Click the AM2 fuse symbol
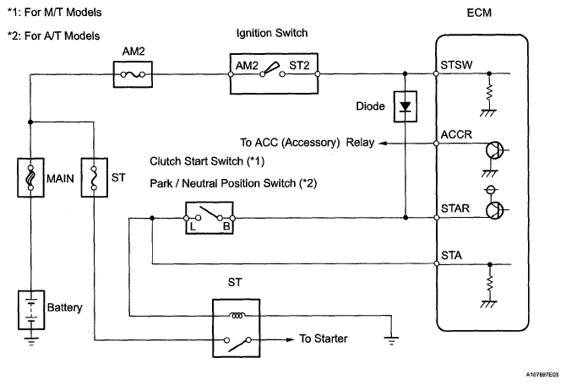pos(133,74)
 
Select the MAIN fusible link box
pos(31,177)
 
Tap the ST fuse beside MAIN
pos(95,177)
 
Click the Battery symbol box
pos(31,310)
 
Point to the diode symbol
pos(405,106)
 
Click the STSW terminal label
pos(456,65)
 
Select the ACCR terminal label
pos(456,134)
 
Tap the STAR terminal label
pos(455,209)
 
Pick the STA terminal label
pos(451,256)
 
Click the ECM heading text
pos(479,13)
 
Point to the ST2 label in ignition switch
pos(299,65)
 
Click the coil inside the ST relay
pos(237,316)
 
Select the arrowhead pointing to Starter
pos(291,339)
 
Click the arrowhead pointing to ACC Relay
pos(383,144)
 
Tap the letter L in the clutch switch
pos(193,226)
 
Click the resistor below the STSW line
pos(489,92)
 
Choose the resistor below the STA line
pos(490,283)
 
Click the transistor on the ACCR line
pos(495,150)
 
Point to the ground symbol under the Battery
pos(31,341)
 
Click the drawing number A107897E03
pos(542,375)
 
